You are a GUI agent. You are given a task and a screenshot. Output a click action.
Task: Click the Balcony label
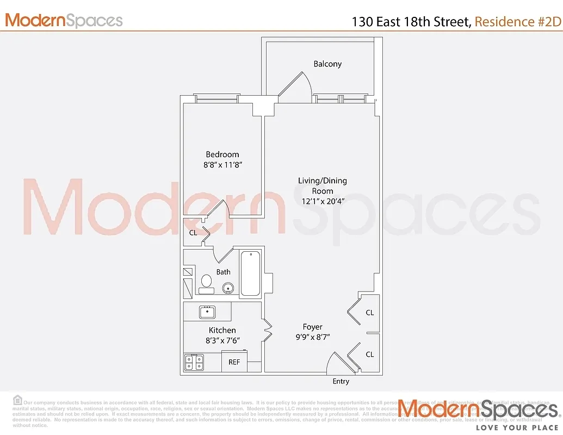(327, 64)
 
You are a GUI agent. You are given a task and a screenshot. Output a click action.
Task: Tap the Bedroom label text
(222, 154)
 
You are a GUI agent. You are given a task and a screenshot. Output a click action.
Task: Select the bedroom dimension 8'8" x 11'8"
(222, 165)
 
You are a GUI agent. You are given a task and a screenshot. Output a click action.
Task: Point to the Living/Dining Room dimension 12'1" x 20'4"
(322, 201)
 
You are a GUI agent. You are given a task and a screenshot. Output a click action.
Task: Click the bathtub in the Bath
(250, 273)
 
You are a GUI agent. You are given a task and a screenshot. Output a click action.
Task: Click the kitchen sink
(207, 312)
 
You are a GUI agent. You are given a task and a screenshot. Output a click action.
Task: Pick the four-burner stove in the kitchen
(194, 362)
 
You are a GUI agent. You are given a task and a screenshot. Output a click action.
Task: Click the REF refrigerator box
(234, 362)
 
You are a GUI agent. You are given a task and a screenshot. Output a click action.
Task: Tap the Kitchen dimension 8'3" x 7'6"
(222, 340)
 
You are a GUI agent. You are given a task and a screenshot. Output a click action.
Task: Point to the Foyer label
(313, 327)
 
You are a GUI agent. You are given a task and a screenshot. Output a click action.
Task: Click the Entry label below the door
(341, 382)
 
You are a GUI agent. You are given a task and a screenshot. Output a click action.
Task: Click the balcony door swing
(296, 86)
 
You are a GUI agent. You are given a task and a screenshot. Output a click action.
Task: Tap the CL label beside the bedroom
(193, 233)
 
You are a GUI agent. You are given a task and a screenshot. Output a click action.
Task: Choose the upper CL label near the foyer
(370, 313)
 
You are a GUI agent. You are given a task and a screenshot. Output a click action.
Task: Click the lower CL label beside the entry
(370, 355)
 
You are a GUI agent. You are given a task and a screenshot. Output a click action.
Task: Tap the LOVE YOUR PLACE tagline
(517, 427)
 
